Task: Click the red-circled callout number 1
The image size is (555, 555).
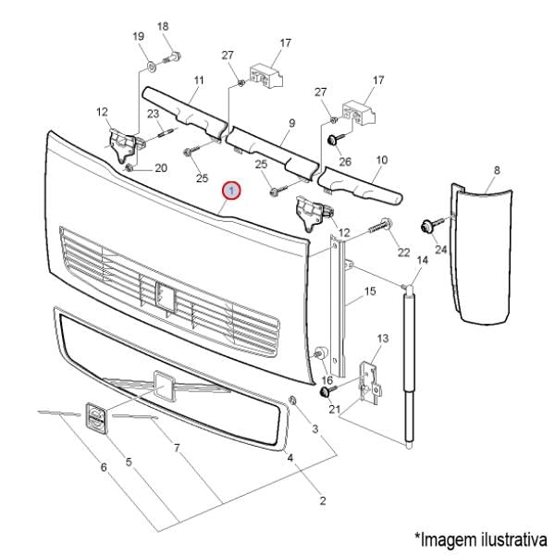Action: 232,191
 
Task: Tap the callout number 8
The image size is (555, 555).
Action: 497,170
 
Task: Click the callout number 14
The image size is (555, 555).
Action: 423,261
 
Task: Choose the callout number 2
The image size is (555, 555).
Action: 323,501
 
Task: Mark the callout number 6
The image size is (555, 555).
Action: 104,467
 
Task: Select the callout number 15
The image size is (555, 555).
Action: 370,292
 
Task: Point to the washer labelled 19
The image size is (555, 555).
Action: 150,67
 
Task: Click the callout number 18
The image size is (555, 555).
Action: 163,27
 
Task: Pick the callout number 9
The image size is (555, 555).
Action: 290,122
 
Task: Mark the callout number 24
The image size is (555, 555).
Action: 439,250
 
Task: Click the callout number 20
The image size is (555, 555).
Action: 160,168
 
